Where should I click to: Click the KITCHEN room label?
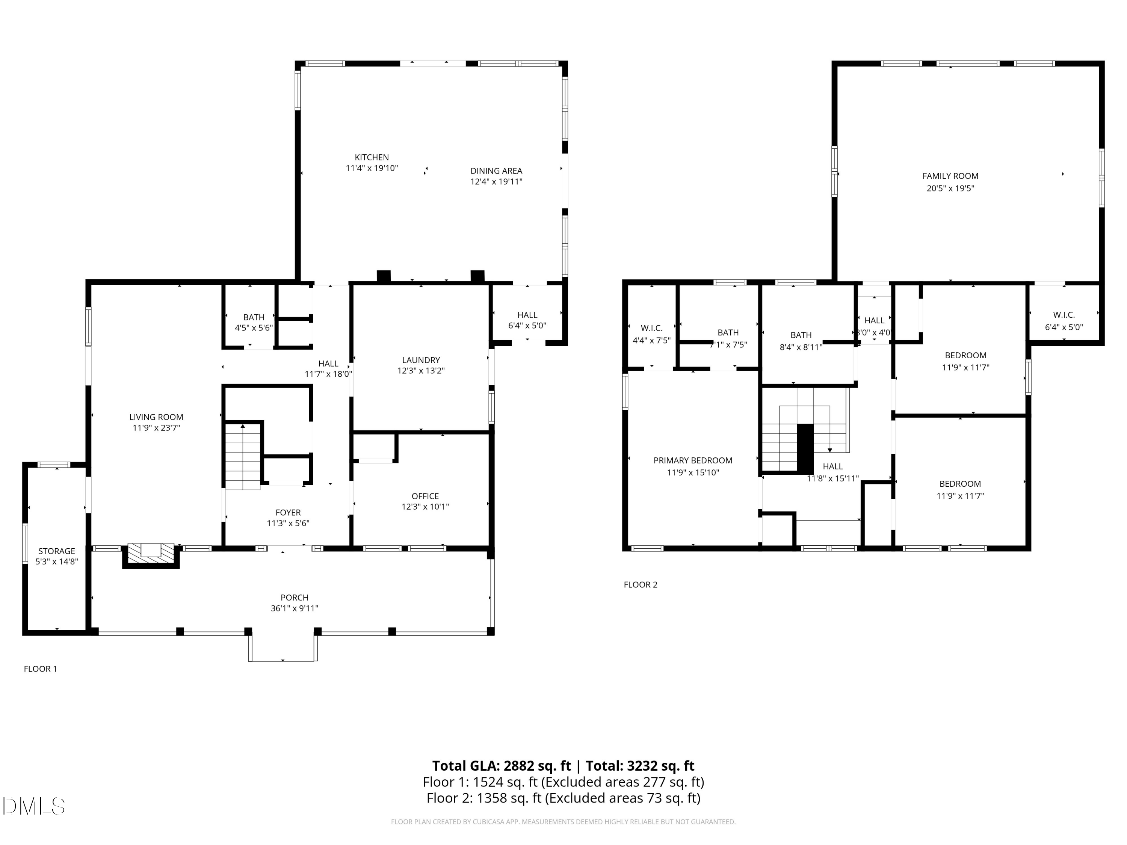[x=372, y=157]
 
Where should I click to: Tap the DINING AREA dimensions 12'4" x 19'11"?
[x=496, y=182]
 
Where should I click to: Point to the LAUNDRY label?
[x=420, y=360]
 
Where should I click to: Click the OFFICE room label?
[x=425, y=496]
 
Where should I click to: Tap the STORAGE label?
[x=57, y=551]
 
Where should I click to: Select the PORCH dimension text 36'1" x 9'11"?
[x=295, y=608]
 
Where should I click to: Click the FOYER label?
[x=288, y=512]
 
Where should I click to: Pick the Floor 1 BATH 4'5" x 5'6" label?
[x=254, y=317]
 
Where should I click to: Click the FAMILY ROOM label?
[x=950, y=176]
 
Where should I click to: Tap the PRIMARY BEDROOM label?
[x=692, y=460]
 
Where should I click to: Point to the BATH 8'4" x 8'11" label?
[x=801, y=335]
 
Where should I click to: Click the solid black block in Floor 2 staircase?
[x=805, y=448]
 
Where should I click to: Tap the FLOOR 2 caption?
[x=641, y=585]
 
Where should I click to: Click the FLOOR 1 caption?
[x=40, y=669]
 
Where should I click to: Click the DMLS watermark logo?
[x=34, y=806]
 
